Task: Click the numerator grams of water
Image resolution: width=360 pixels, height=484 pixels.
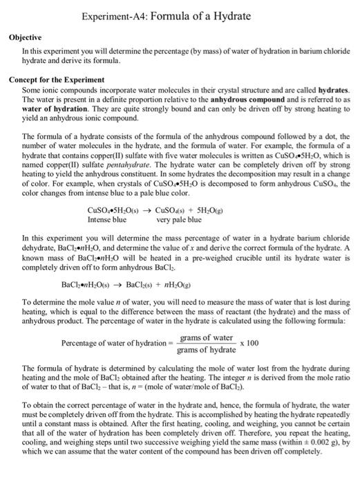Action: [206, 337]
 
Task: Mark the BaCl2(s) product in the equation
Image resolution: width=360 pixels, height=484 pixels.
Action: [143, 284]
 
